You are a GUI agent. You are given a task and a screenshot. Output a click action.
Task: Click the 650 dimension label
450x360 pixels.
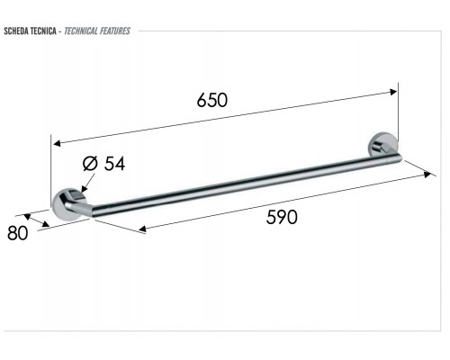tap(212, 100)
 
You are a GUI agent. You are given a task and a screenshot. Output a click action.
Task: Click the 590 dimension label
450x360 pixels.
tap(282, 217)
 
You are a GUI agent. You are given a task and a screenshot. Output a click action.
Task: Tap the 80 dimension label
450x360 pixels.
tap(18, 233)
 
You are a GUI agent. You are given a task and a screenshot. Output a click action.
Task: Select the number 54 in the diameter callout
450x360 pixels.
tap(114, 164)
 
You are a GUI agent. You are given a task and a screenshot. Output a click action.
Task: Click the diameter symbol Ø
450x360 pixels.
tap(90, 164)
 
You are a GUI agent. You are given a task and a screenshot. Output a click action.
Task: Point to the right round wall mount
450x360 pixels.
tap(383, 147)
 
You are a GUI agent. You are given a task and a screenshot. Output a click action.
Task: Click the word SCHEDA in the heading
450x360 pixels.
tap(14, 31)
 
